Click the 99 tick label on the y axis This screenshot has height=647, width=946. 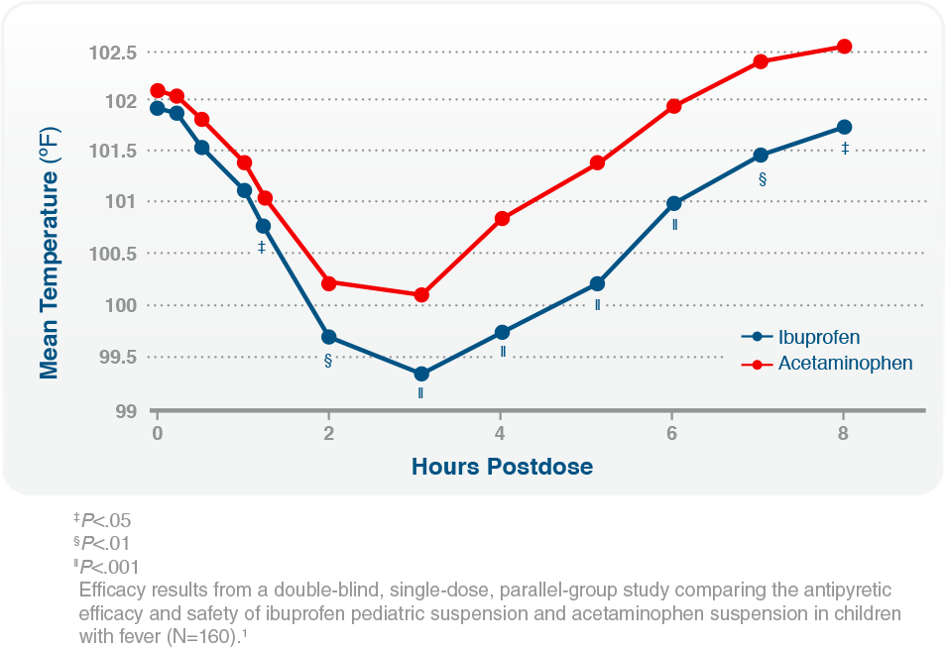[127, 409]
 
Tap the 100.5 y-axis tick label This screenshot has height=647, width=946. [114, 254]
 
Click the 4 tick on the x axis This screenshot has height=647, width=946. [500, 433]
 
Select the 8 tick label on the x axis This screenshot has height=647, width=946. [844, 433]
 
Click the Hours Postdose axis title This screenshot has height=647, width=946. [503, 466]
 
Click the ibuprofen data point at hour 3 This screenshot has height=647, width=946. [421, 374]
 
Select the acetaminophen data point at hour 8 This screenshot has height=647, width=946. [845, 47]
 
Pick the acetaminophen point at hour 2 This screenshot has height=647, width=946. [329, 282]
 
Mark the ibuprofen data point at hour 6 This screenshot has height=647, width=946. [674, 203]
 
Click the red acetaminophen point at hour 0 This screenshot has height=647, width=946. [158, 91]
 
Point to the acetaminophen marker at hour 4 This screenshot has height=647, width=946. [502, 218]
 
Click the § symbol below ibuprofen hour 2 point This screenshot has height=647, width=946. [327, 360]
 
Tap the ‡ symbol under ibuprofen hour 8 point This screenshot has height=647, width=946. [845, 149]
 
